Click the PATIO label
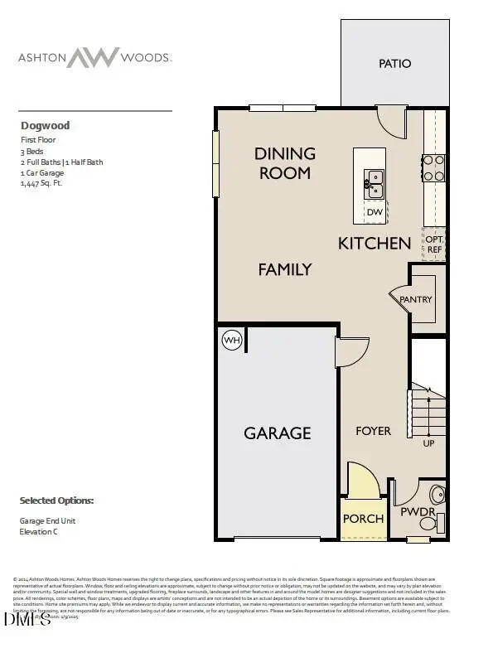(x=394, y=64)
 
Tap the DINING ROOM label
(x=285, y=163)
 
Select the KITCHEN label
(x=375, y=243)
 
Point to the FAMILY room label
(x=284, y=269)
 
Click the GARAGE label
(x=277, y=433)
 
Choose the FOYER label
(x=373, y=431)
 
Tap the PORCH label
(x=363, y=519)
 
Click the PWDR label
(x=418, y=511)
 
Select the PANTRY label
(x=416, y=299)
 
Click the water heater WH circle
(x=231, y=340)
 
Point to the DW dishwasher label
(x=375, y=212)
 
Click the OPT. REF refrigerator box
(x=435, y=244)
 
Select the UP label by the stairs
(x=428, y=443)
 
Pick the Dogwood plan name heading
(x=45, y=126)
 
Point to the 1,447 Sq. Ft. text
(x=41, y=184)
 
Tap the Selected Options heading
(x=56, y=501)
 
